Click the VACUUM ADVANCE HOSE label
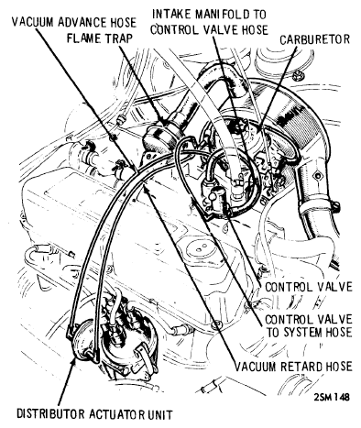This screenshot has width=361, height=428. point(74,22)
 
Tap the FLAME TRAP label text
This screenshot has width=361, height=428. point(100,38)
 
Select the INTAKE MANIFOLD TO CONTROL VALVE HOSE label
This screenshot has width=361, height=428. point(209,22)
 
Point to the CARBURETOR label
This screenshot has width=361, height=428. point(314,39)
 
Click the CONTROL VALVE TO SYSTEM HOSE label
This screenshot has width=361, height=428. point(308,326)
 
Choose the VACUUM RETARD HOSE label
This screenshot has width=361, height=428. point(293,367)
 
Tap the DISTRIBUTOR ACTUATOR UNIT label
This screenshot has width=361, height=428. point(94,414)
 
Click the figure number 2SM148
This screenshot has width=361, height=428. point(332,397)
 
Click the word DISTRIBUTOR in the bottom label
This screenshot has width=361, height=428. point(50,414)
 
